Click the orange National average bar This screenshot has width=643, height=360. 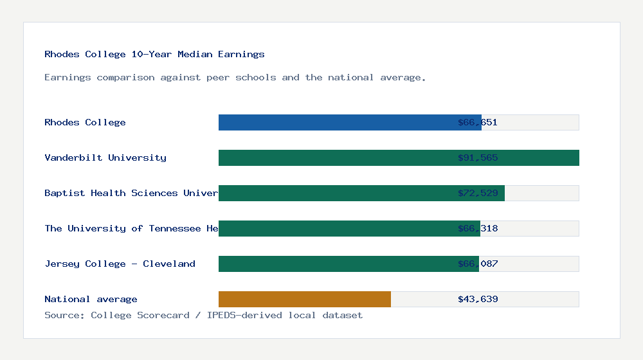305,299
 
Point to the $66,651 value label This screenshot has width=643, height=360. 478,122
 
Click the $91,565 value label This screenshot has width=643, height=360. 478,157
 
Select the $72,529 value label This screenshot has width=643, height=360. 478,193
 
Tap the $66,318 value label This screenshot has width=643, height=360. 478,228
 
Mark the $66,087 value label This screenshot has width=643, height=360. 478,264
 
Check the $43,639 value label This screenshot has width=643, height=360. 478,299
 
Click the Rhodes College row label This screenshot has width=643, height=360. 85,122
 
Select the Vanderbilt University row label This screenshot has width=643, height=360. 105,157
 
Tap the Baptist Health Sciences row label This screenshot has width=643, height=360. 131,193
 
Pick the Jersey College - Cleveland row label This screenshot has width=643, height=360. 120,264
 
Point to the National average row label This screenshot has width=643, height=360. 91,299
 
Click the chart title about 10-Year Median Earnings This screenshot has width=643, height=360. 154,54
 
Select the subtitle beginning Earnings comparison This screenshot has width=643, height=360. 235,77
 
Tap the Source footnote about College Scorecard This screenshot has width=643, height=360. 203,315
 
